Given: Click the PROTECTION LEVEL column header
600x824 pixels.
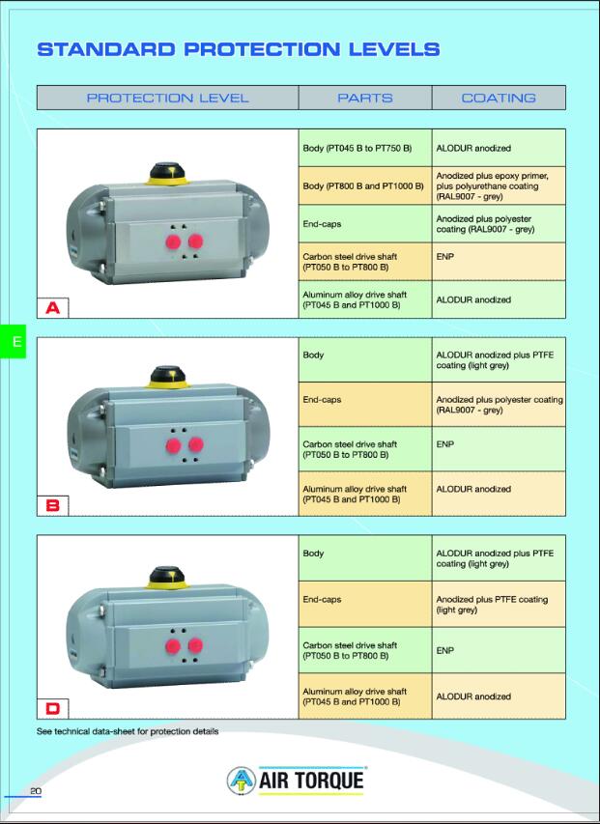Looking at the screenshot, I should point(167,98).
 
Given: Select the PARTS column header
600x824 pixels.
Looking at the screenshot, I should point(364,98).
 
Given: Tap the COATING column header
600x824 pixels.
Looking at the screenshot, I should point(498,98).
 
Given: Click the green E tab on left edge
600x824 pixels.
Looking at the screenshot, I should point(13,341).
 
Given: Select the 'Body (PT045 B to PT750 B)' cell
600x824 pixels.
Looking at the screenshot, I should point(364,149).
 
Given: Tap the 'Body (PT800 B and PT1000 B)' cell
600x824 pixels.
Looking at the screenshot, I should point(364,185).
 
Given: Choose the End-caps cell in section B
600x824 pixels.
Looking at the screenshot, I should point(364,400).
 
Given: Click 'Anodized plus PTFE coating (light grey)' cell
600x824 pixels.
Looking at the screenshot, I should point(498,605).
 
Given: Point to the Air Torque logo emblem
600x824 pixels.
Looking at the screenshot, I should point(242,781).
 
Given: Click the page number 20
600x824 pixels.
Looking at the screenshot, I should point(36,792).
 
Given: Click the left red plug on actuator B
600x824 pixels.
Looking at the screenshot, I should point(174,446).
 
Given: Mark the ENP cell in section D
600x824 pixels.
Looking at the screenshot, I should point(498,651).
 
